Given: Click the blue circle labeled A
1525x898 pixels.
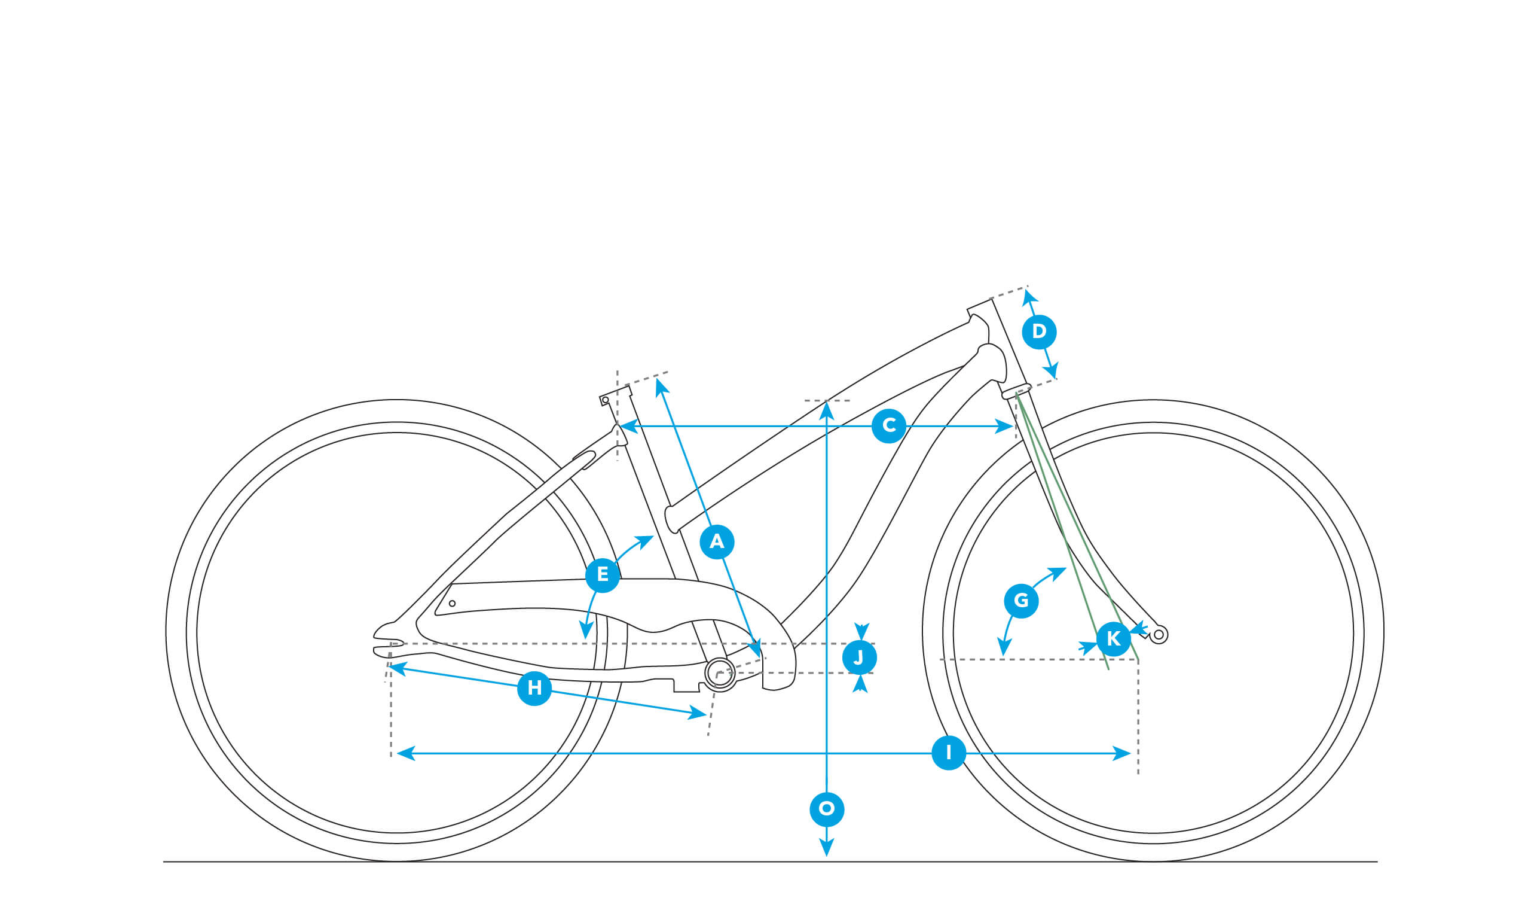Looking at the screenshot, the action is tap(717, 541).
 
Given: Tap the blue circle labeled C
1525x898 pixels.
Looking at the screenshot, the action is tap(889, 426).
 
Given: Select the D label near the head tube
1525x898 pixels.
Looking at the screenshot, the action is tap(1039, 332).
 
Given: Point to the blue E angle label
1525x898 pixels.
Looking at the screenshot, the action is tap(603, 575).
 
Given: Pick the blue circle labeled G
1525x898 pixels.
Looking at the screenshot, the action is tap(1022, 601).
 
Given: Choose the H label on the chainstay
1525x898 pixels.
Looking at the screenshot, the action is tap(534, 688).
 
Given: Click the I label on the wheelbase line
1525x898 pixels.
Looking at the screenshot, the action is tap(948, 753).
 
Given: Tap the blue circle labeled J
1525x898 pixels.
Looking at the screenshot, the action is tap(859, 657).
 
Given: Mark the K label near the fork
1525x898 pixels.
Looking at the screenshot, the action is tap(1114, 639).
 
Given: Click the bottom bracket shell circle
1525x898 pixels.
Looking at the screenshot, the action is tap(720, 673).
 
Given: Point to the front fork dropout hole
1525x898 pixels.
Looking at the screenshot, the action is tap(1159, 635).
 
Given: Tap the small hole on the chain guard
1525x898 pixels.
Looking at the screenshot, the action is tap(452, 604).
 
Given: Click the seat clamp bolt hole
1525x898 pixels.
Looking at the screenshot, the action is tap(605, 400).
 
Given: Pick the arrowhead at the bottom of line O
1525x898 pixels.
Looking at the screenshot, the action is tap(827, 847).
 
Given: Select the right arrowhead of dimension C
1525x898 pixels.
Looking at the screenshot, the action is tap(1004, 427).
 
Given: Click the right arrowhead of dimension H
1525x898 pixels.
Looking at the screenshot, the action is tap(697, 713).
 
